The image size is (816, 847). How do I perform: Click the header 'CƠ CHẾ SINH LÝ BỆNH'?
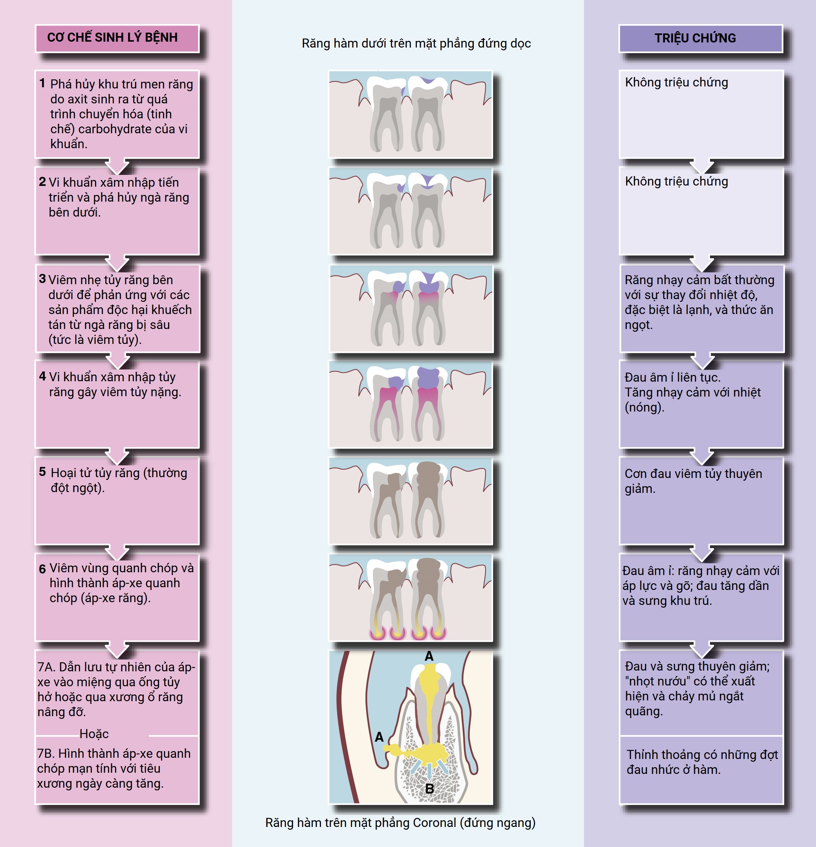tap(112, 38)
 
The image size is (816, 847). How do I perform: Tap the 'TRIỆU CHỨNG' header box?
tap(695, 38)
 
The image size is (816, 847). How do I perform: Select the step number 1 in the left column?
tap(42, 83)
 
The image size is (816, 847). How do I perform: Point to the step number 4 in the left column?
tap(42, 376)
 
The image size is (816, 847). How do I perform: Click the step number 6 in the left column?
tap(42, 569)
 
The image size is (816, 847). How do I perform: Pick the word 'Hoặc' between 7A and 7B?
tap(94, 734)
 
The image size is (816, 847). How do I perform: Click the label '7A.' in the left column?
tap(46, 667)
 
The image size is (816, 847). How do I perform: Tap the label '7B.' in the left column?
tap(46, 753)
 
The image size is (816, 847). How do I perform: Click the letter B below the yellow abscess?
tap(429, 789)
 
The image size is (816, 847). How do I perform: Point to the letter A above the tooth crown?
tap(429, 656)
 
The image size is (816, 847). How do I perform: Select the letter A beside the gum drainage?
tap(379, 737)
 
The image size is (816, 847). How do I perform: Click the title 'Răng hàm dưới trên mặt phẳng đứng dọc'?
tap(416, 43)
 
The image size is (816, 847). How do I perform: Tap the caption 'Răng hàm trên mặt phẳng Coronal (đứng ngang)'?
tap(400, 822)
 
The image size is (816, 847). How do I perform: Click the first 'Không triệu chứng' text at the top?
tap(676, 82)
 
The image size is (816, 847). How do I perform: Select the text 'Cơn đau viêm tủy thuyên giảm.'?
tap(693, 481)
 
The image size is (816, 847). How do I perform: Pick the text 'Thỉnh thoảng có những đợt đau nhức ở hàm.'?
tap(702, 762)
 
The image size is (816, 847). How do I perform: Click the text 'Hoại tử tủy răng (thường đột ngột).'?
tap(119, 480)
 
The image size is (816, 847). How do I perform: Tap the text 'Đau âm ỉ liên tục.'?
tap(672, 377)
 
